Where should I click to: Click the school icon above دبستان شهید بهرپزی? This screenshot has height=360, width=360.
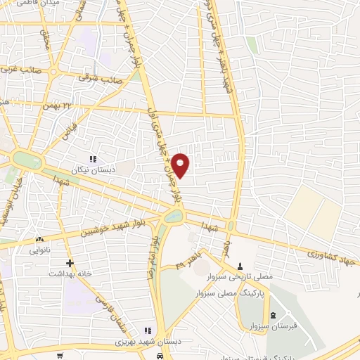(148, 330)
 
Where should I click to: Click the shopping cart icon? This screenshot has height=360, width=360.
(61, 355)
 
